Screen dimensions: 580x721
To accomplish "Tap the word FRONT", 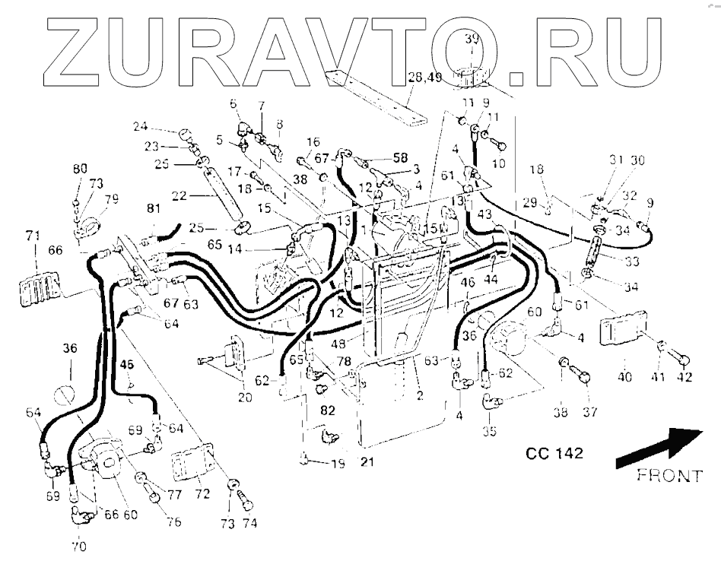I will click(669, 477).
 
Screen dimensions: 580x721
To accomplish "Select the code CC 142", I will click(554, 454).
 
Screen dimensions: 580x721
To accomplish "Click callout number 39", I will click(471, 40).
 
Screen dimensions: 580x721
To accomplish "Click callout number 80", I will click(79, 169).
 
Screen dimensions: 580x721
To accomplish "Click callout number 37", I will click(590, 412).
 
